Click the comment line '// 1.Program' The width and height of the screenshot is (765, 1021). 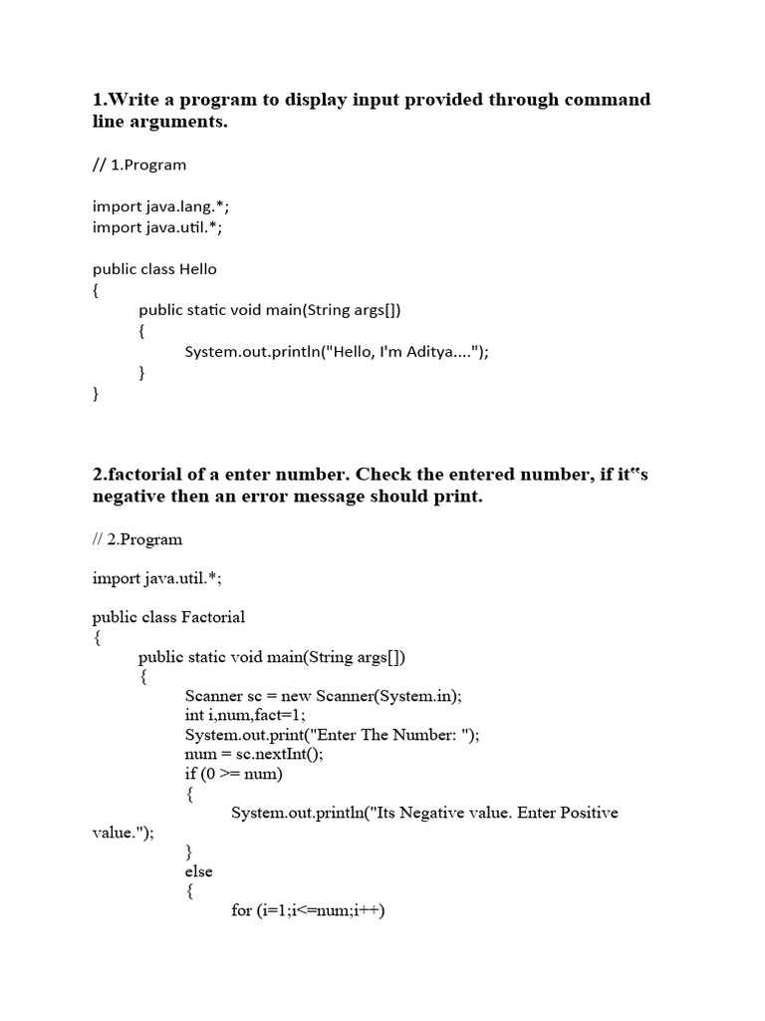pos(139,165)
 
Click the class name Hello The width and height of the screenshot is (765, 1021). pos(197,269)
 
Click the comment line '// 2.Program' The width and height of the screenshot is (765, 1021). pos(137,539)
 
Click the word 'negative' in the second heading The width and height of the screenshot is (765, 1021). pos(129,497)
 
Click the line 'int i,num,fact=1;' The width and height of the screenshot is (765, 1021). pos(245,715)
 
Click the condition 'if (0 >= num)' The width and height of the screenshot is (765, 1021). pos(234,774)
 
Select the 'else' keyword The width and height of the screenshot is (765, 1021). pos(198,871)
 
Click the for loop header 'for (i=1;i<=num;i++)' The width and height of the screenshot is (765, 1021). pos(308,910)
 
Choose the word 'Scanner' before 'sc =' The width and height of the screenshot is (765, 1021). pos(213,696)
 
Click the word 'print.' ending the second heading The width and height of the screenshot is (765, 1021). pos(454,497)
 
